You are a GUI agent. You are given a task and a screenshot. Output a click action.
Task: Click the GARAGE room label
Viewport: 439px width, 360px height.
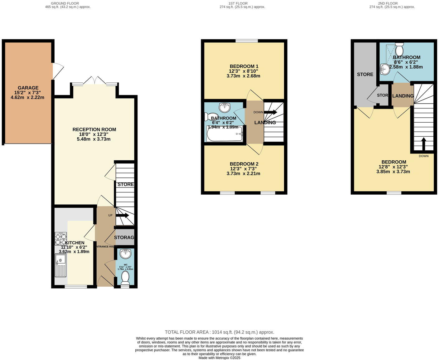pyautogui.click(x=28, y=88)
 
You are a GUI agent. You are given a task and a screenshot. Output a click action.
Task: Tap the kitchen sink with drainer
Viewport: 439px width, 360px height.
pyautogui.click(x=60, y=265)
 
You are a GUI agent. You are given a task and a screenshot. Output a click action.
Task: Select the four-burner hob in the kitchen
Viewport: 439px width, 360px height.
pyautogui.click(x=61, y=239)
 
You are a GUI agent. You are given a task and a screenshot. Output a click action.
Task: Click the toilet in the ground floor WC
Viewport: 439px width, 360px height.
pyautogui.click(x=125, y=277)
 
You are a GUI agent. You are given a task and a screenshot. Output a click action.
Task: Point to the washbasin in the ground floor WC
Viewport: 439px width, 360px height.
pyautogui.click(x=125, y=254)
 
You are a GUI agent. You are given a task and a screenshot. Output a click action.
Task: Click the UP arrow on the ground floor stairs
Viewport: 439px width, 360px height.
pyautogui.click(x=122, y=215)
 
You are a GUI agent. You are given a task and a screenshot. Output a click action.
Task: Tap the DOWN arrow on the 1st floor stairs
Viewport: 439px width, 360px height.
pyautogui.click(x=270, y=112)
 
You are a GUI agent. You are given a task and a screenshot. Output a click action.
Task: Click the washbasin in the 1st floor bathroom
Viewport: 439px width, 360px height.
pyautogui.click(x=224, y=108)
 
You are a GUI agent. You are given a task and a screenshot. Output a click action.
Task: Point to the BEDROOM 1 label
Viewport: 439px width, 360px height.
pyautogui.click(x=244, y=66)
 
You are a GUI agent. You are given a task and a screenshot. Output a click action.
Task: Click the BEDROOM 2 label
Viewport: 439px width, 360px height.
pyautogui.click(x=244, y=164)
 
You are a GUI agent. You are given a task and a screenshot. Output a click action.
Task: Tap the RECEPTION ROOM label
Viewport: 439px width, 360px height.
pyautogui.click(x=94, y=129)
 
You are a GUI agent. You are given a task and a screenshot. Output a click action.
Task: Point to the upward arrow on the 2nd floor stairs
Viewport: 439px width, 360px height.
pyautogui.click(x=423, y=144)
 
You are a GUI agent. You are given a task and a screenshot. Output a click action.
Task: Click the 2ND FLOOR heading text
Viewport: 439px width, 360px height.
pyautogui.click(x=392, y=3)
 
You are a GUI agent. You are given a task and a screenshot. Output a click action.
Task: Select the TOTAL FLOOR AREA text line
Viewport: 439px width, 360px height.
pyautogui.click(x=219, y=332)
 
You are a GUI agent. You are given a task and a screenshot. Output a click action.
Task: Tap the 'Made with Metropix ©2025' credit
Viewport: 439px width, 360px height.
pyautogui.click(x=219, y=358)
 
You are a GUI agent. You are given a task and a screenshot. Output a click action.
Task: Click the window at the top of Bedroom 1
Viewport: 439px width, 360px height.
pyautogui.click(x=246, y=41)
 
